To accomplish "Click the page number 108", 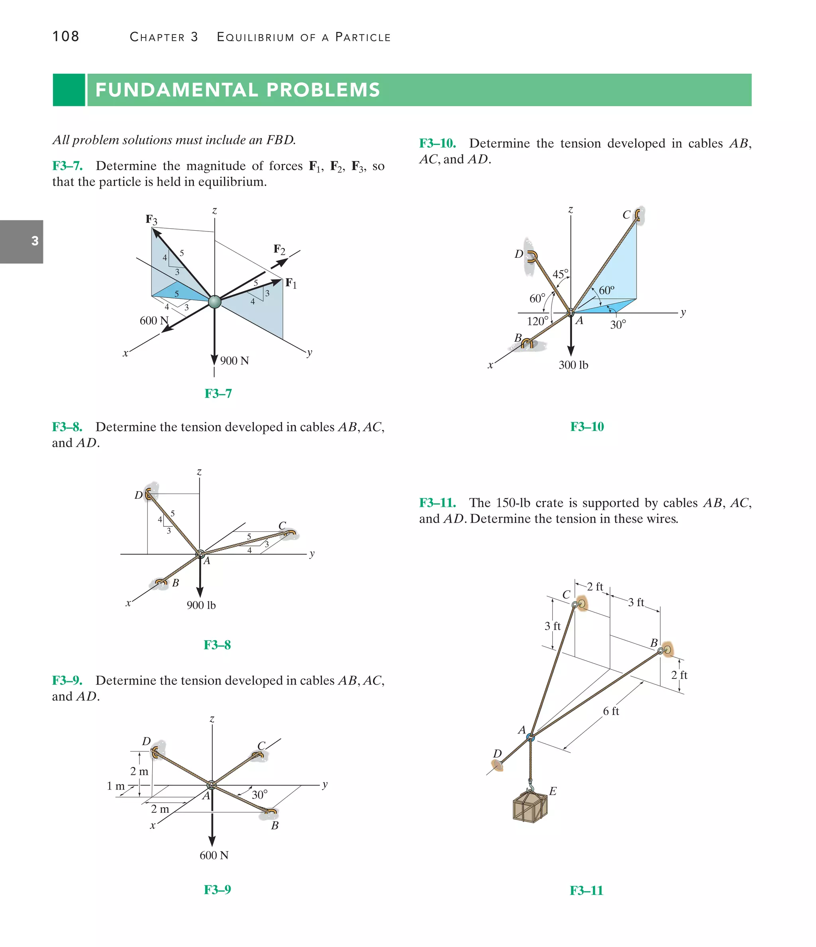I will click(66, 37).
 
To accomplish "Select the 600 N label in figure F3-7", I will click(154, 321).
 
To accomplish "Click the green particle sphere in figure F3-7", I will click(214, 302).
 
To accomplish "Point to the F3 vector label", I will click(151, 220).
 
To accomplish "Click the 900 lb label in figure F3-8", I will click(201, 606).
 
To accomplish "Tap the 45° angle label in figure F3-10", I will click(561, 274).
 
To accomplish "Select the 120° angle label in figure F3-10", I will click(537, 321).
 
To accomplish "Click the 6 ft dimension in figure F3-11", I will click(611, 712).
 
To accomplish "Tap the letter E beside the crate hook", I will click(553, 791).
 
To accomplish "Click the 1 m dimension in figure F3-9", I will click(115, 786).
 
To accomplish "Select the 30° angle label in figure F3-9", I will click(260, 795).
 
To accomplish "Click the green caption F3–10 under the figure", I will click(587, 427).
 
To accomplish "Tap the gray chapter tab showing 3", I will click(22, 241).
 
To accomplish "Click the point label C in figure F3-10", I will click(626, 215).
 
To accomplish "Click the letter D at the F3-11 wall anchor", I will click(497, 754).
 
